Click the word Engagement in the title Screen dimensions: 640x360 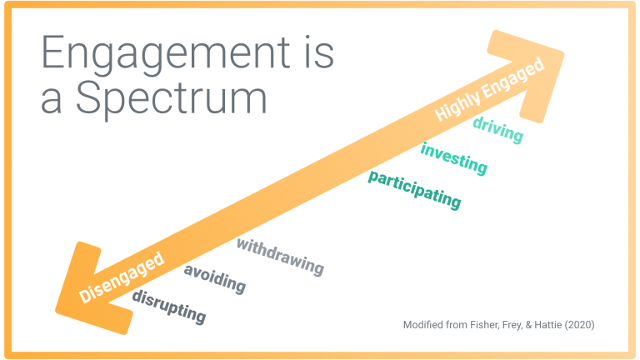(x=166, y=55)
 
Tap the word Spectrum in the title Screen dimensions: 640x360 (x=172, y=99)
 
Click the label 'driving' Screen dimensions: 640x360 (x=498, y=130)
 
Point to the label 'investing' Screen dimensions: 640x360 (x=454, y=159)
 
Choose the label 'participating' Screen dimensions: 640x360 (x=414, y=190)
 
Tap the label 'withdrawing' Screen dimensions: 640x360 (x=280, y=257)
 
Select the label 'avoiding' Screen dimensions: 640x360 (x=215, y=279)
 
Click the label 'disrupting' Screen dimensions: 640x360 (x=168, y=307)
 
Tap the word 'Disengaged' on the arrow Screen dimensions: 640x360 (x=121, y=277)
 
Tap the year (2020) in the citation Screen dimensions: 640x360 (x=580, y=325)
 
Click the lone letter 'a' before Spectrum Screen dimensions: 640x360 (x=52, y=102)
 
